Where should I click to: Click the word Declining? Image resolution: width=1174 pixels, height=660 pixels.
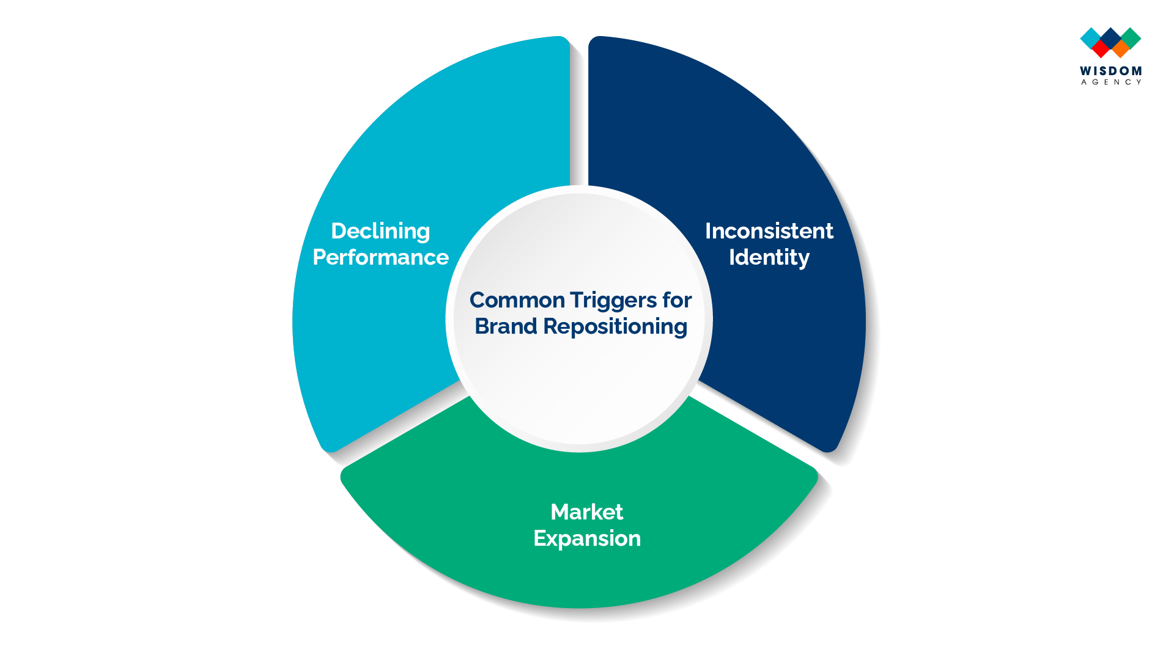(x=380, y=232)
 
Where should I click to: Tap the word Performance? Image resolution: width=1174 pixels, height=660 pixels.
(x=380, y=257)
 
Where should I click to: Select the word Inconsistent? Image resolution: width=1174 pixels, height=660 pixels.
(x=769, y=231)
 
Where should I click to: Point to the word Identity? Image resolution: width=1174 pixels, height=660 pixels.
(x=769, y=258)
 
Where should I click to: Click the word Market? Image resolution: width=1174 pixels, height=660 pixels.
(x=586, y=512)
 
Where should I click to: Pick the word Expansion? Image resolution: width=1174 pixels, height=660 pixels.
(x=586, y=539)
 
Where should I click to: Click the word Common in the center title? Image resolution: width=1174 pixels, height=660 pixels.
(x=517, y=300)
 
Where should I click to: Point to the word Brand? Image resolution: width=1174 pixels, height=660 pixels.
(x=506, y=326)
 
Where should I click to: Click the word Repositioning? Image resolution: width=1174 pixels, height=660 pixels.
(x=615, y=328)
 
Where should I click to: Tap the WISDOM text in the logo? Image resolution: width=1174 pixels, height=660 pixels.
(x=1110, y=71)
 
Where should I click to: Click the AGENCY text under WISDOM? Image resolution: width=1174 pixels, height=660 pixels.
(x=1110, y=82)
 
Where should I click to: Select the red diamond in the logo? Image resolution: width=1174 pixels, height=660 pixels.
(x=1101, y=48)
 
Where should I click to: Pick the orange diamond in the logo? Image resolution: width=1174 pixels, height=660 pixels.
(x=1120, y=48)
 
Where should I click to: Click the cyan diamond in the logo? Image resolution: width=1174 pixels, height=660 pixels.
(x=1090, y=37)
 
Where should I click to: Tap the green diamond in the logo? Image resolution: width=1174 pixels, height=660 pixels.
(x=1131, y=37)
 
